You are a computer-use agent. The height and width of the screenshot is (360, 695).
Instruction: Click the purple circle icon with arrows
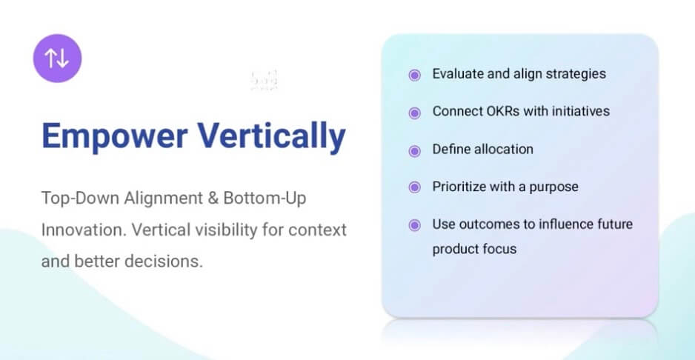pos(57,58)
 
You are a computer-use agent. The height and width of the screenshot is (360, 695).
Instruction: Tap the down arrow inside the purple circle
pos(63,58)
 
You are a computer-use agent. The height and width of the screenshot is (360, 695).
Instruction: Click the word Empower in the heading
pos(114,136)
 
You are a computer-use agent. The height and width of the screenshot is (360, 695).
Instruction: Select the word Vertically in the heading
pos(271,136)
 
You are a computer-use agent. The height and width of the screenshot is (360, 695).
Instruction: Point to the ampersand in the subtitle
pos(213,199)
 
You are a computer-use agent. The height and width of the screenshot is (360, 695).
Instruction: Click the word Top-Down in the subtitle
pos(80,199)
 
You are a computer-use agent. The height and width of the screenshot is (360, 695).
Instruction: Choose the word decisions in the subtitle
pos(164,261)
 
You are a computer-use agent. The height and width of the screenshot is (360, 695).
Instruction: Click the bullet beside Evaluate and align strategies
pos(414,76)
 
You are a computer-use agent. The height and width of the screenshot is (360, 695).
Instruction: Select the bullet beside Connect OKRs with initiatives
pos(414,113)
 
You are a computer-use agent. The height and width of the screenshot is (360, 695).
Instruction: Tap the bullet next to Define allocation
pos(414,151)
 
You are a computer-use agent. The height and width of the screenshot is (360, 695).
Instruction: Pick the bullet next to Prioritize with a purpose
pos(414,187)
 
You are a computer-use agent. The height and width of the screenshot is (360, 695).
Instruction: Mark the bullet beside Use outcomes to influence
pos(414,226)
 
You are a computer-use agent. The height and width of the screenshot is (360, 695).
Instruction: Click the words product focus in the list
pos(474,249)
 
